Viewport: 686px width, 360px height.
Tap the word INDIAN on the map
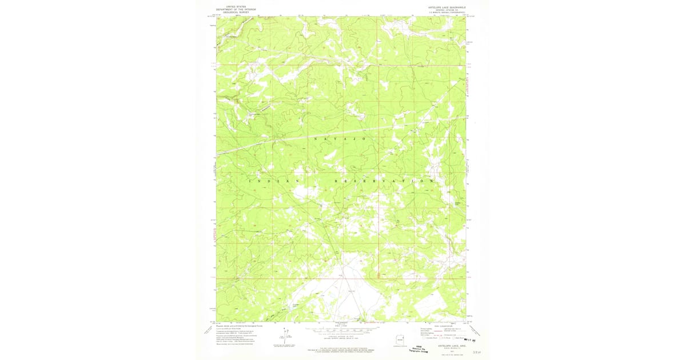tap(274, 181)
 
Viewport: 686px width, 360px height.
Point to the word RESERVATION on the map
tap(383, 181)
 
